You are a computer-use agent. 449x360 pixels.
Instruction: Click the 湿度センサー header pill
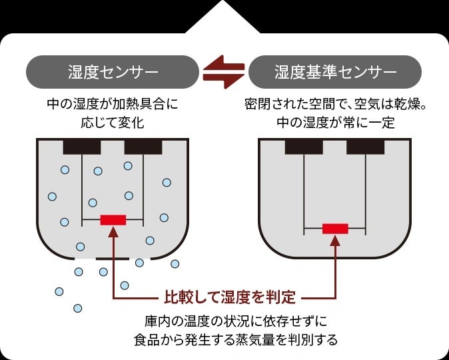(113, 71)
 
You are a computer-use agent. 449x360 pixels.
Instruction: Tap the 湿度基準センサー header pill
(336, 71)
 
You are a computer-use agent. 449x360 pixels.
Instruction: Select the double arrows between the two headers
(224, 71)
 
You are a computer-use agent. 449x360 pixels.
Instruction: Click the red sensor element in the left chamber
(113, 220)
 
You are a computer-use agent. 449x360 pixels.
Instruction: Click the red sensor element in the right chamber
(335, 229)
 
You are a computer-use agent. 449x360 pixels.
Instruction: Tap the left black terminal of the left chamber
(81, 146)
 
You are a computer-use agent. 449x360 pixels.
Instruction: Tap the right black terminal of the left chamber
(143, 146)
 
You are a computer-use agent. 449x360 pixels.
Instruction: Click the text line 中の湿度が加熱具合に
(113, 105)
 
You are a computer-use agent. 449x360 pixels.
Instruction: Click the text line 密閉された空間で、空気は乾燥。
(335, 105)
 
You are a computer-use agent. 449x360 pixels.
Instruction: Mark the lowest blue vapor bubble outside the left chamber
(78, 308)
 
